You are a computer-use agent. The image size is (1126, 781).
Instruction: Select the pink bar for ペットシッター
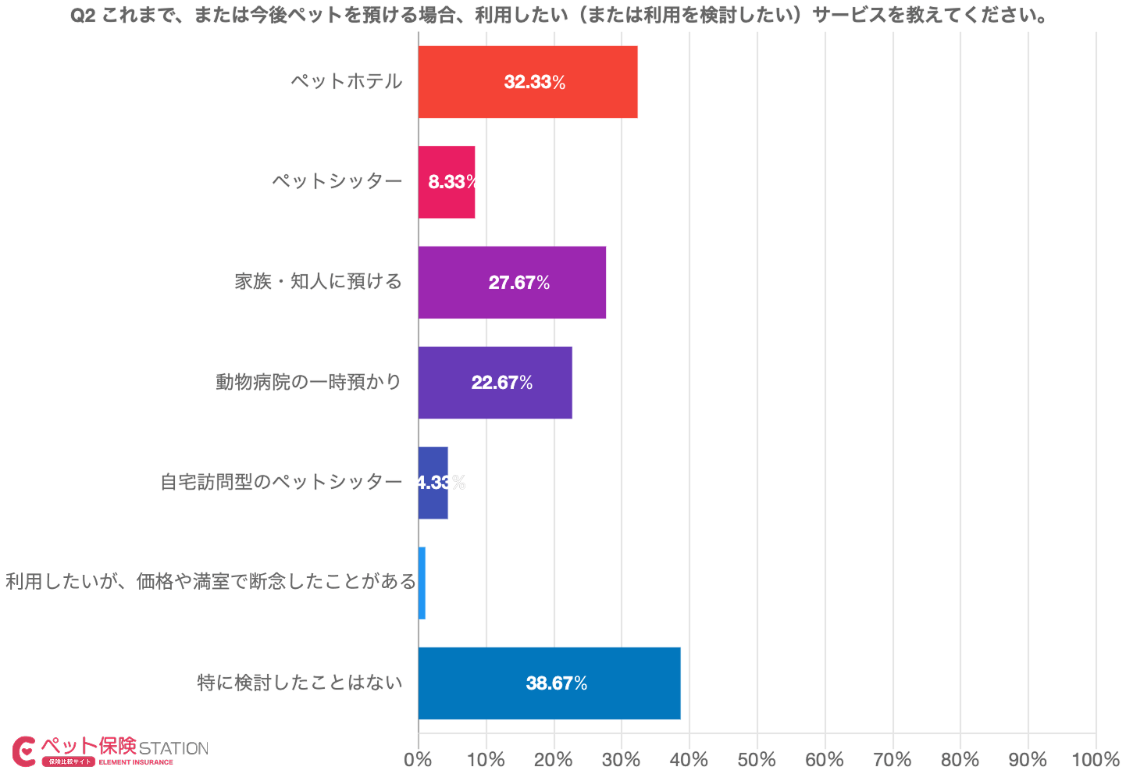[x=446, y=182]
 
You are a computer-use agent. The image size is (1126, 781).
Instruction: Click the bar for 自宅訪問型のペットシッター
[x=433, y=483]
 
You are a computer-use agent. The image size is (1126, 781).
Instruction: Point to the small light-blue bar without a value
[x=422, y=583]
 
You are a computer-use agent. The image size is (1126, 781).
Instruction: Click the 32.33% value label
[x=535, y=82]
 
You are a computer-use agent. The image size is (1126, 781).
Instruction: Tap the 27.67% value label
[x=519, y=283]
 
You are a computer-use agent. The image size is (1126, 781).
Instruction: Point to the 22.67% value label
[x=502, y=383]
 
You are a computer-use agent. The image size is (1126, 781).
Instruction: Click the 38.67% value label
[x=557, y=683]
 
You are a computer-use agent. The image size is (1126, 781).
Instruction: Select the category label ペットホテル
[x=346, y=81]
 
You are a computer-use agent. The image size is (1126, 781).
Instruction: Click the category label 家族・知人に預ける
[x=318, y=281]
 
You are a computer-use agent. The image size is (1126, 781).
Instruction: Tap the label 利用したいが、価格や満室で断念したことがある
[x=211, y=582]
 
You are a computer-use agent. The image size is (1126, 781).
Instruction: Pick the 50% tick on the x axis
[x=757, y=760]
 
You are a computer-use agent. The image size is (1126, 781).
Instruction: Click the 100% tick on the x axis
[x=1096, y=760]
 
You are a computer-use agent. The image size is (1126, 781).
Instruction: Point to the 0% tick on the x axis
[x=419, y=760]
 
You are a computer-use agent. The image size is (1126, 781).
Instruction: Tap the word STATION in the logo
[x=173, y=748]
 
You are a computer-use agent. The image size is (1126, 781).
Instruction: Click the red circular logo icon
[x=24, y=751]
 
